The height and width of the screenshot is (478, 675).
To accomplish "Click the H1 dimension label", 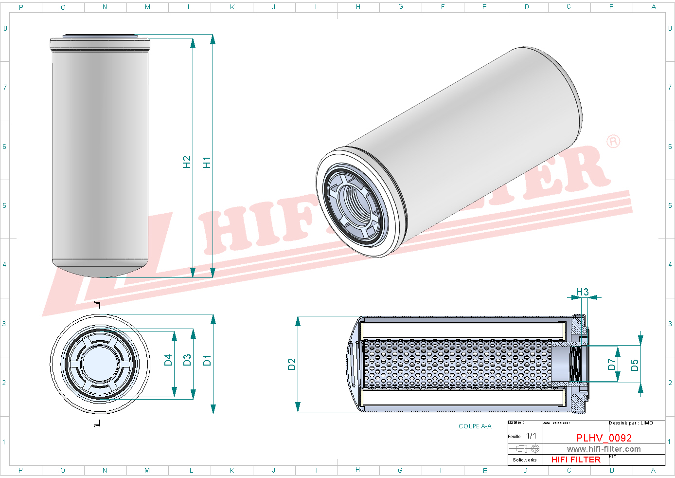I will tap(207, 163).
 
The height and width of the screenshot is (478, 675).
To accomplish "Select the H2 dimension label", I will tap(187, 162).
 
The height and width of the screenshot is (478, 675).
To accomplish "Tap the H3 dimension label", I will tap(582, 292).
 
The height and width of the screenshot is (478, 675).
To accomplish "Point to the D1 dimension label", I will tap(207, 360).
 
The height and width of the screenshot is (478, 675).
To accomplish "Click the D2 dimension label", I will tap(292, 364).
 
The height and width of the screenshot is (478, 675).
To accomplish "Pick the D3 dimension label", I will tap(187, 360).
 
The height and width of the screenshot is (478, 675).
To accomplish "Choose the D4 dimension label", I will tap(168, 360).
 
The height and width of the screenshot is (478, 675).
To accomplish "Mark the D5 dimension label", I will tap(634, 365).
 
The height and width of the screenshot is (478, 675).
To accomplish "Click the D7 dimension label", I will tap(612, 364).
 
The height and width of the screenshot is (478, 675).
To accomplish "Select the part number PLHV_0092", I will tap(604, 438).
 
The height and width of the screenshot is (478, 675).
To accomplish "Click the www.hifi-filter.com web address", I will tap(604, 449).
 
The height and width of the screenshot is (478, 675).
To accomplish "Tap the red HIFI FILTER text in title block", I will tap(576, 460).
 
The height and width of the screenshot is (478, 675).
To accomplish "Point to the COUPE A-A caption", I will tap(475, 426).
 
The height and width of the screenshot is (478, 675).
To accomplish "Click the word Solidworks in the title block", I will tap(525, 460).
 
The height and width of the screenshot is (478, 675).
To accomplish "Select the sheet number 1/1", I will tap(532, 436).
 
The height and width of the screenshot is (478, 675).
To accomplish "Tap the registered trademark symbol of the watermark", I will tap(613, 142).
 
